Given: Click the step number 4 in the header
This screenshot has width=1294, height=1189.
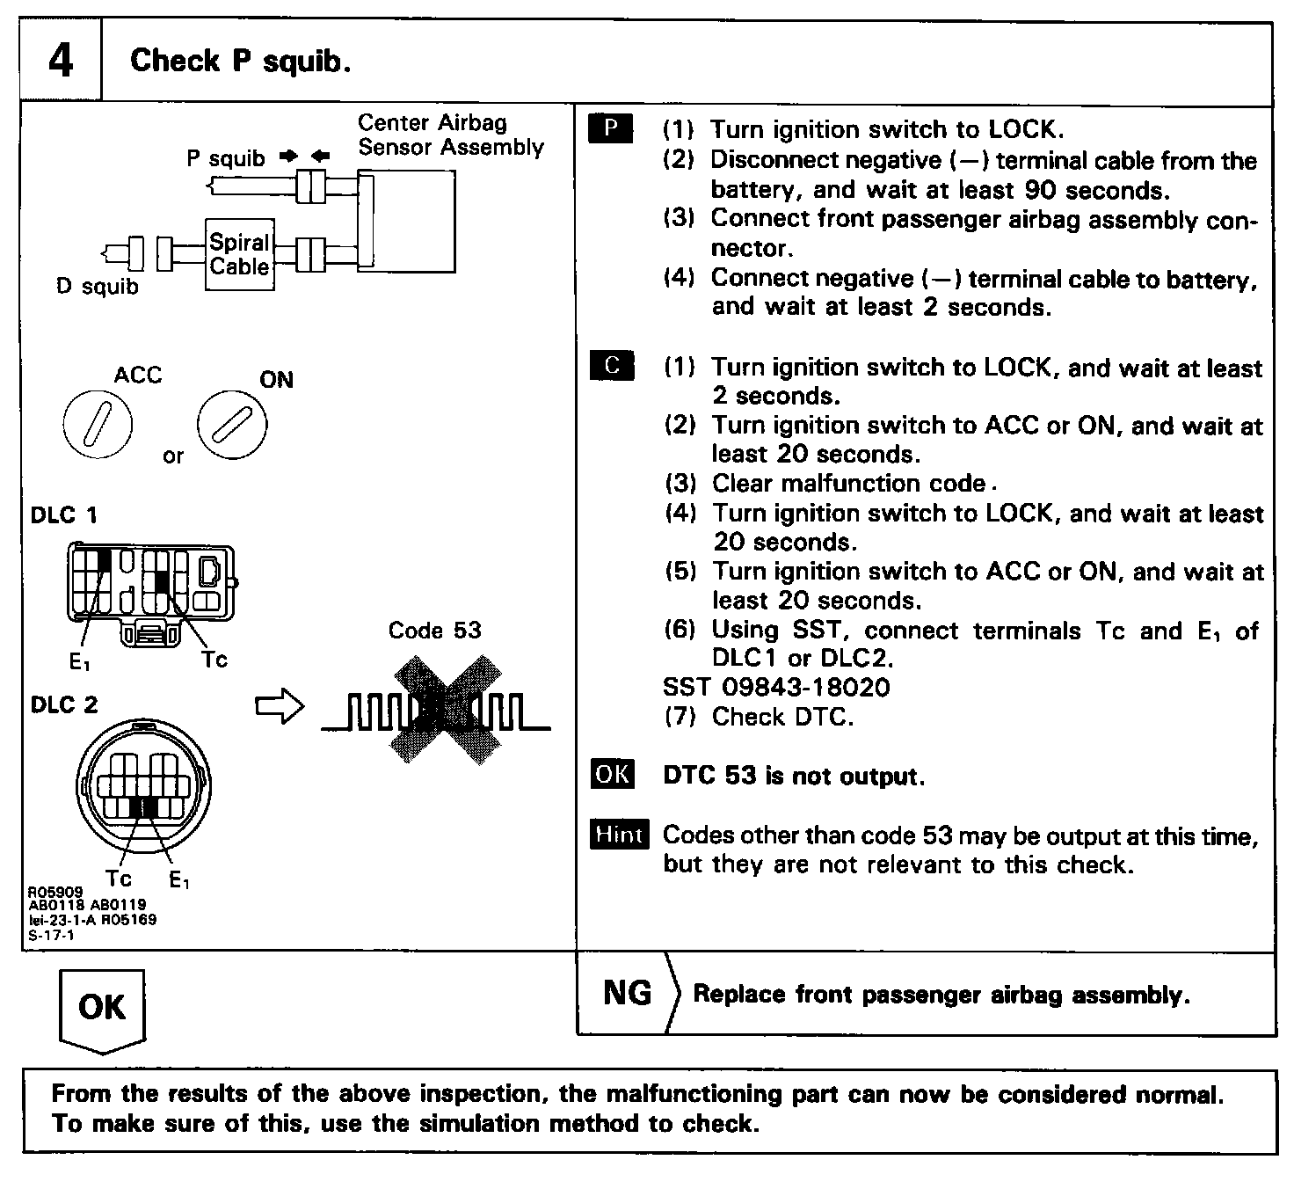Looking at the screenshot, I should point(60,62).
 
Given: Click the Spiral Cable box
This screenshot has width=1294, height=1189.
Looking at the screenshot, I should point(239,255).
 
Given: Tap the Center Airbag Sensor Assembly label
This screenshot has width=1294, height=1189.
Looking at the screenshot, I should point(450,135).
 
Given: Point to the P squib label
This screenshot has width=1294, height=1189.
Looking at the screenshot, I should point(225,158).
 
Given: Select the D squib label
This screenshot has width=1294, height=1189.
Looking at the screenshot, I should point(97,287).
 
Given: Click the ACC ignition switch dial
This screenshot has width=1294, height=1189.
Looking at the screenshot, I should point(98,426).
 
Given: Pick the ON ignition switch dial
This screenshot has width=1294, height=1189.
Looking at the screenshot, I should point(232,426).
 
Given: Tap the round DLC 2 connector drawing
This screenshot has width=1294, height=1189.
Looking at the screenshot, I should point(143,785).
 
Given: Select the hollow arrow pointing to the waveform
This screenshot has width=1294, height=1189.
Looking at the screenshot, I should point(279,706).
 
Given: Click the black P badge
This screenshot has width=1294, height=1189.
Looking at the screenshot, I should point(610,129).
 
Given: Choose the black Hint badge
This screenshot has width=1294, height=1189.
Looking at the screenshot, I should point(620,834).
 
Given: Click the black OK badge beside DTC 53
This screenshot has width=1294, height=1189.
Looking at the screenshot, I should point(612,774).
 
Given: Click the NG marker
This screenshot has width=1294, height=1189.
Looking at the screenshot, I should point(628,993).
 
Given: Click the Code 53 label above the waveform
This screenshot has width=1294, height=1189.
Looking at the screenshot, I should point(435,631).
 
